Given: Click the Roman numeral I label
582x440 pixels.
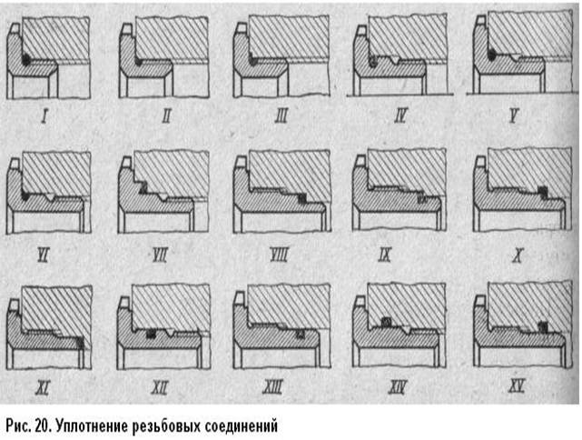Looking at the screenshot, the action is (44, 116).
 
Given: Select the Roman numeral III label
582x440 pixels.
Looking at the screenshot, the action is (281, 116).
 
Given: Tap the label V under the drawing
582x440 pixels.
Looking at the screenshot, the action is (513, 116).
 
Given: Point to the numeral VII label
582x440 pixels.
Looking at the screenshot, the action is (160, 255).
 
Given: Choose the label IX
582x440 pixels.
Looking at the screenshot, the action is (385, 255).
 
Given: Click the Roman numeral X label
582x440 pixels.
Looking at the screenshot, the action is (518, 255).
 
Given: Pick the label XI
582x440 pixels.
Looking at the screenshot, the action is (43, 388).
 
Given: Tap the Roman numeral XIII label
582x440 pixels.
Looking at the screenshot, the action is (272, 387).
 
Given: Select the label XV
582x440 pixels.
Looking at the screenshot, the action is (517, 387).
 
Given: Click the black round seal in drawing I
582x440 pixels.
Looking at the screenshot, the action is (26, 59).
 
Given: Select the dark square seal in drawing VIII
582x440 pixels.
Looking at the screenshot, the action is (302, 199).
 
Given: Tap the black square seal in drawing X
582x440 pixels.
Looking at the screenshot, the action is (543, 191).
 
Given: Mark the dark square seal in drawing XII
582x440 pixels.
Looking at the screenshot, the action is (151, 334).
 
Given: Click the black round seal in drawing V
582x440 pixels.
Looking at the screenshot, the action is (492, 55).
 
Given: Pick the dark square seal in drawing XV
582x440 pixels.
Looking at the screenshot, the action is (543, 326).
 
